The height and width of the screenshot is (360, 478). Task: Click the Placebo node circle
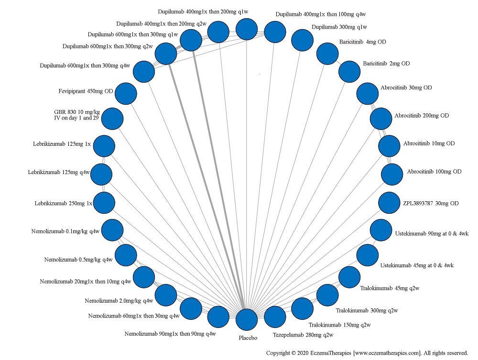(x=247, y=320)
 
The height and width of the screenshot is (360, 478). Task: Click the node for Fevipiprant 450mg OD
(x=126, y=93)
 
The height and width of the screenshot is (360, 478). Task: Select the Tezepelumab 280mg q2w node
(x=275, y=317)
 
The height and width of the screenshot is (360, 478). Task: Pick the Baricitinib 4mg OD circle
(x=327, y=54)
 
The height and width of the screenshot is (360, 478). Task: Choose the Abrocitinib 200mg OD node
(x=381, y=119)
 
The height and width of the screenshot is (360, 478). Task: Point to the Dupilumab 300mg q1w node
(x=302, y=41)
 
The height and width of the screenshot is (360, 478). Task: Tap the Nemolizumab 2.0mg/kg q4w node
(x=166, y=295)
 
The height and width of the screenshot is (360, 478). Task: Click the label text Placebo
(x=248, y=338)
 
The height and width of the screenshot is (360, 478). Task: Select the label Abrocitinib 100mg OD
(x=434, y=172)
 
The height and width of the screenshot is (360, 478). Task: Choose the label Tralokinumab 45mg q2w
(x=386, y=288)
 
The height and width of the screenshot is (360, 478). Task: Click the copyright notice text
(x=367, y=353)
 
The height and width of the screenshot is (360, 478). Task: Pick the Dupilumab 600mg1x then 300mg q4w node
(x=144, y=72)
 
